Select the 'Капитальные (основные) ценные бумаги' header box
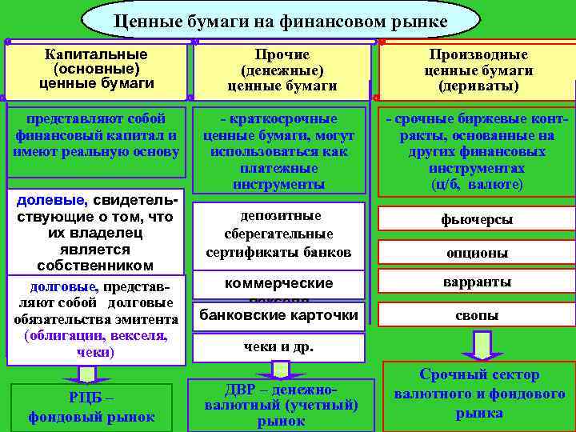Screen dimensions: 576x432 click(95, 69)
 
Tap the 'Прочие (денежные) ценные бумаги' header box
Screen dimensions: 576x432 click(282, 70)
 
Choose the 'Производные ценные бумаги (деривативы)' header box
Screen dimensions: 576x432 click(478, 70)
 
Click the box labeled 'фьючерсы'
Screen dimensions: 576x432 click(478, 219)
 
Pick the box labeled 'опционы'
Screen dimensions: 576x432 click(478, 252)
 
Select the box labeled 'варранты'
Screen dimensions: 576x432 click(478, 282)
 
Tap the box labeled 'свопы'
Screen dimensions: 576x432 click(478, 315)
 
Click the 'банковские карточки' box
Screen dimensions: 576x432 click(279, 314)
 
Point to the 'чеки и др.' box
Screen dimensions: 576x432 click(279, 347)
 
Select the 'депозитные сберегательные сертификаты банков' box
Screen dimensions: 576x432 click(279, 234)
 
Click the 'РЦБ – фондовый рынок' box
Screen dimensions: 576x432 click(93, 407)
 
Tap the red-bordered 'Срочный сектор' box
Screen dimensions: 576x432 click(478, 394)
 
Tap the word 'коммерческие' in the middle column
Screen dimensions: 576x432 click(278, 283)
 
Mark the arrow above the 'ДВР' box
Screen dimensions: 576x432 click(280, 369)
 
